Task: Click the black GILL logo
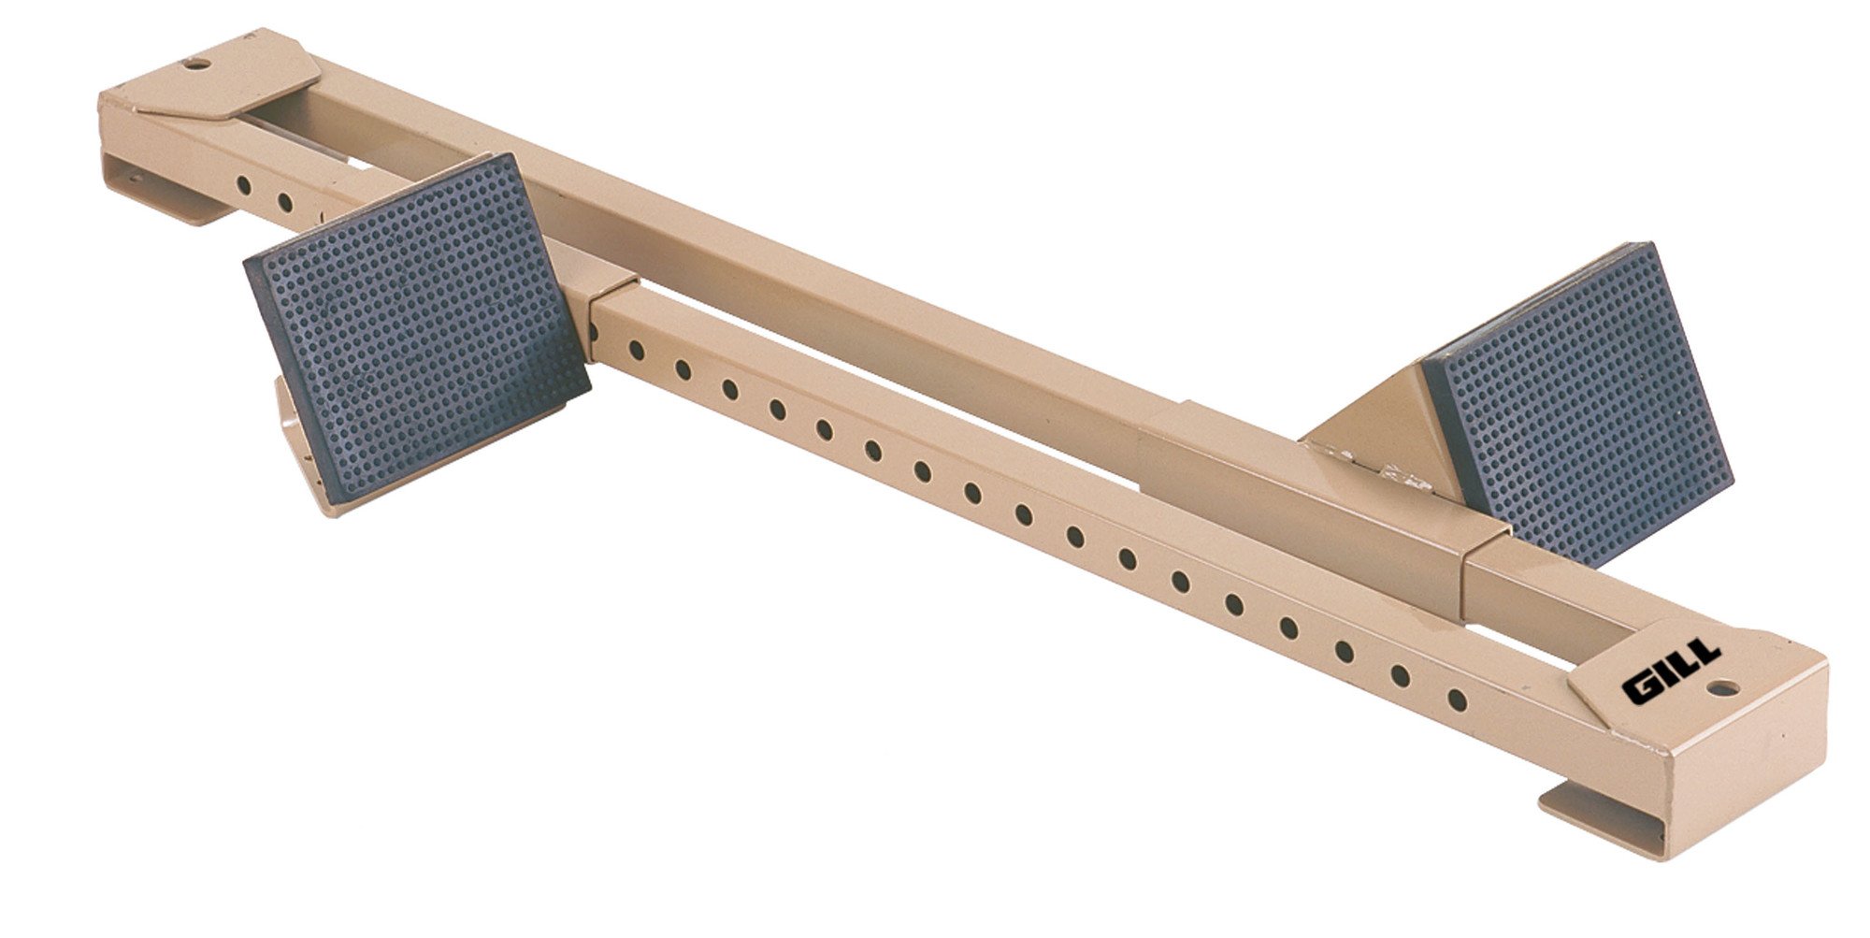pyautogui.click(x=1671, y=671)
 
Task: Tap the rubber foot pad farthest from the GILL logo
pyautogui.click(x=416, y=323)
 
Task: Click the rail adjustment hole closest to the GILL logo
pyautogui.click(x=1457, y=700)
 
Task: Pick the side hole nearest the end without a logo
pyautogui.click(x=243, y=184)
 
